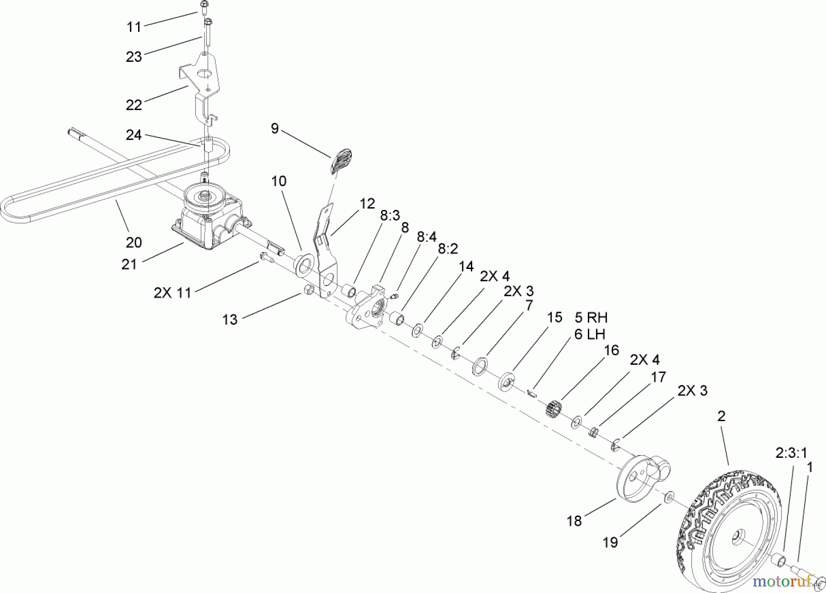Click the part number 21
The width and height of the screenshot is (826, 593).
(129, 264)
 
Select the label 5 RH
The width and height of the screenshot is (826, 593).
(591, 317)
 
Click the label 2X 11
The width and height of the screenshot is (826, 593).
(172, 292)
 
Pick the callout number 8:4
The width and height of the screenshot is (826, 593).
(427, 236)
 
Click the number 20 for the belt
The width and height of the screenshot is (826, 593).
(134, 242)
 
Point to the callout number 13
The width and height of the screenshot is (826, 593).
(230, 319)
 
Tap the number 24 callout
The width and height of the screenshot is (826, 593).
(134, 135)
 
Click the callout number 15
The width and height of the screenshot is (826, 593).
(554, 318)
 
